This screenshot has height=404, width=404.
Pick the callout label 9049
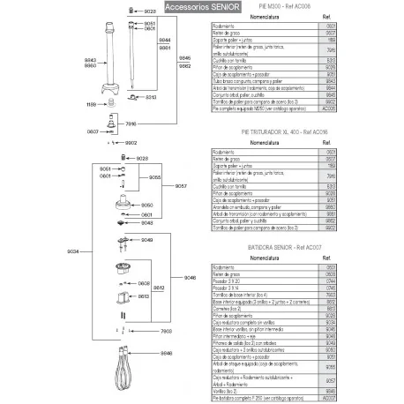click(x=147, y=239)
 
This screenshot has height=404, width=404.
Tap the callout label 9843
click(x=90, y=59)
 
